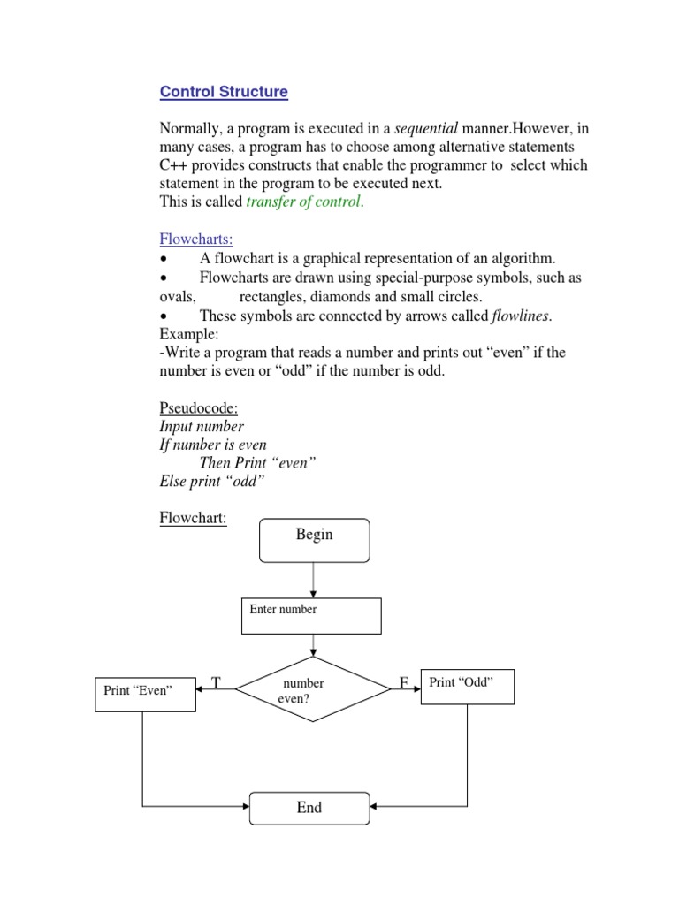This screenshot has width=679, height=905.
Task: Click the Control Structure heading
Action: [224, 92]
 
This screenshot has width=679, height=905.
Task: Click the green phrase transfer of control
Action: [303, 202]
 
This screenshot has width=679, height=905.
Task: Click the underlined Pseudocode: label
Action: [199, 408]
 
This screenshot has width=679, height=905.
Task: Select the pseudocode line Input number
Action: [202, 427]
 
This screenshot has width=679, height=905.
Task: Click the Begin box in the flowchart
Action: [314, 540]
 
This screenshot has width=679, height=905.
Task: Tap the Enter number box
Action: [311, 616]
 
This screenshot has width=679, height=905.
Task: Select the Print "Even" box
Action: [144, 694]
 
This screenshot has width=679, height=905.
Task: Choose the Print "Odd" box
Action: [466, 686]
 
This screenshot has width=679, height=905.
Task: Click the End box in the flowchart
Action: [310, 807]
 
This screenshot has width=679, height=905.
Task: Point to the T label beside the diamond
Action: [216, 682]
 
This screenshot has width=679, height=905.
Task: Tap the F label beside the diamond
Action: [403, 683]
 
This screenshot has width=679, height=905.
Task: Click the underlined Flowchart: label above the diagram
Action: [193, 519]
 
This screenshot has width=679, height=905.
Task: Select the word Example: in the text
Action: [188, 334]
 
